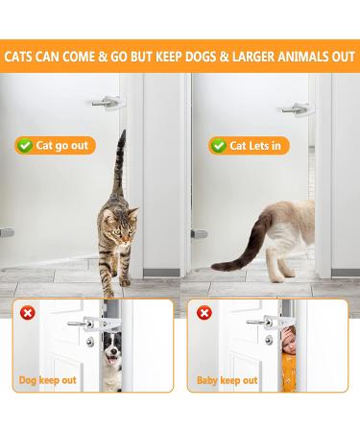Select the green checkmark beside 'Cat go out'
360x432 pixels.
point(23,145)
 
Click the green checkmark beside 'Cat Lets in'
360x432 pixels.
point(217,145)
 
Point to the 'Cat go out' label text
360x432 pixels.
point(64,145)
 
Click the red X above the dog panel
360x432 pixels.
point(28,312)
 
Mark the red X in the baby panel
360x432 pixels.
point(204,312)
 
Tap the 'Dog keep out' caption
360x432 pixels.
point(47,380)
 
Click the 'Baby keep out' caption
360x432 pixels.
point(225,380)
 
